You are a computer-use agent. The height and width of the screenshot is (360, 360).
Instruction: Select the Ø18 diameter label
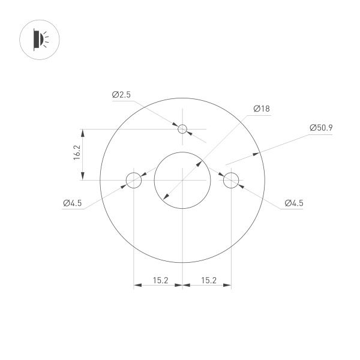(262, 109)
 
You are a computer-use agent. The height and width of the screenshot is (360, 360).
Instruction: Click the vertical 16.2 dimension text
(76, 154)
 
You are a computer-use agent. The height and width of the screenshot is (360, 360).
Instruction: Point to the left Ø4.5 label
(72, 203)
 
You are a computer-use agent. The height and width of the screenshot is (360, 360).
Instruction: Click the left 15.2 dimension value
(160, 280)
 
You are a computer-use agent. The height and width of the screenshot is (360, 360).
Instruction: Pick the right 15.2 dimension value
(209, 280)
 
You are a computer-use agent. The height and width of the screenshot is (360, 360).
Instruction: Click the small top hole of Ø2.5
(182, 129)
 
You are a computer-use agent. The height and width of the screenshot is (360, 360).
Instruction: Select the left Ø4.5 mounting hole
(133, 179)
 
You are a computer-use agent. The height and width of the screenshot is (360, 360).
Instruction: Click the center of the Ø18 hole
(182, 179)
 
